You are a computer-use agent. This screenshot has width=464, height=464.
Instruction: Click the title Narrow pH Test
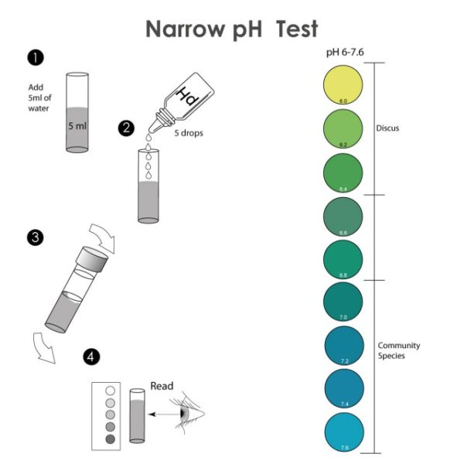(231, 29)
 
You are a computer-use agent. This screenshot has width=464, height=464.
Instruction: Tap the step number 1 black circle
(33, 57)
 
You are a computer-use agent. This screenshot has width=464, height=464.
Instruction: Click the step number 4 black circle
(92, 357)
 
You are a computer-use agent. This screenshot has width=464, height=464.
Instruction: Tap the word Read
(162, 386)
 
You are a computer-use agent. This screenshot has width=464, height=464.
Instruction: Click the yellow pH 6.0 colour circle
(343, 85)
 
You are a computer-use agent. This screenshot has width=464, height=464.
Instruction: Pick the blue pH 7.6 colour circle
(343, 433)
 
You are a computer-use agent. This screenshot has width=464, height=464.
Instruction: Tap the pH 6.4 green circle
(343, 172)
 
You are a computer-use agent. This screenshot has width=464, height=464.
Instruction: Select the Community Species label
(399, 350)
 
